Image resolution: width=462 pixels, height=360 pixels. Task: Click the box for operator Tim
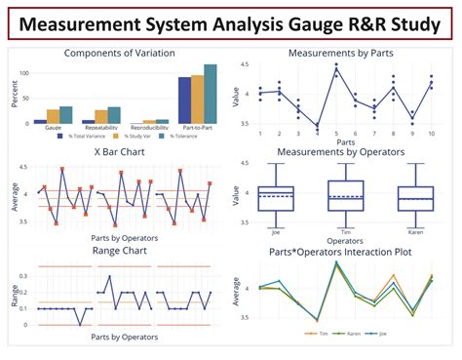point(346,195)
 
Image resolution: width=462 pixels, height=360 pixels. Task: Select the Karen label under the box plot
point(416,232)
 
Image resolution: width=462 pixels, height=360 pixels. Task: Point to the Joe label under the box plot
point(276,232)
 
